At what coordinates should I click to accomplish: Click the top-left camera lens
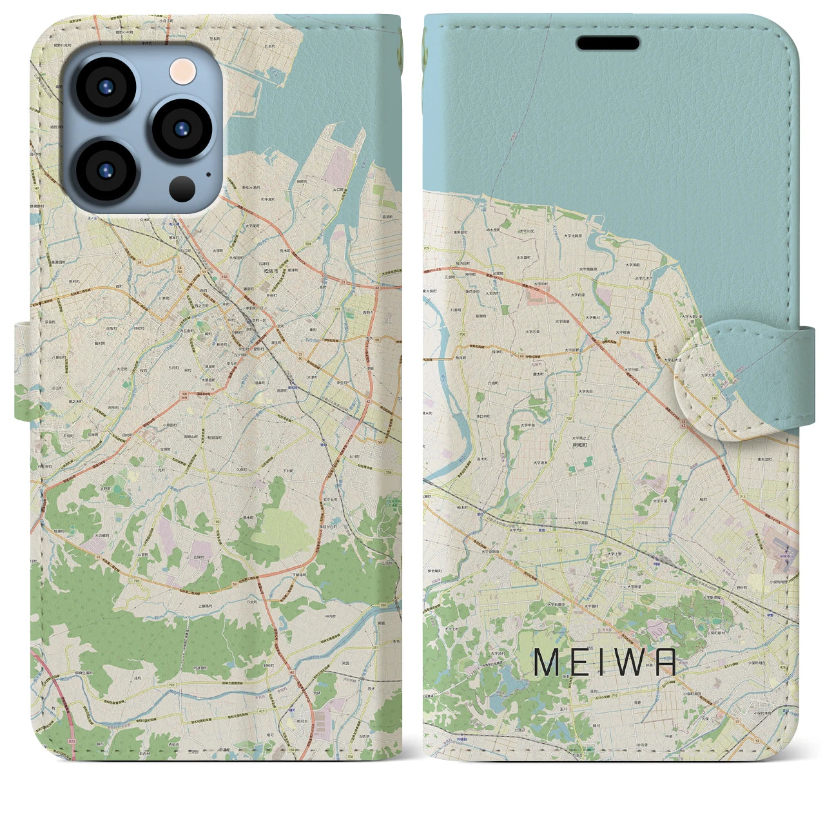coord(105,88)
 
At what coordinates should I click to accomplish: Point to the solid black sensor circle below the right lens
coord(183,188)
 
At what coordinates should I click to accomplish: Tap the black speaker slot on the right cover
coord(607,43)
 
